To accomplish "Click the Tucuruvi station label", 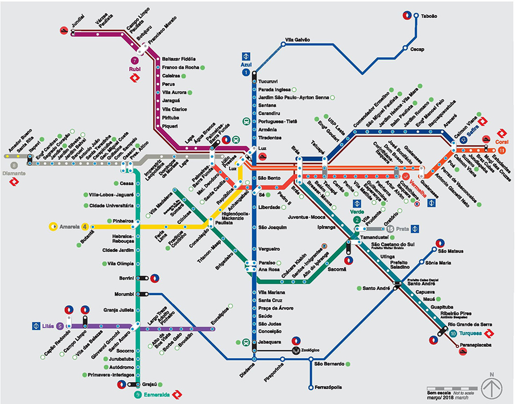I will tap(269, 81).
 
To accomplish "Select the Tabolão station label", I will tap(429, 16).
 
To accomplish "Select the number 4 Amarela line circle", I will tap(85, 227).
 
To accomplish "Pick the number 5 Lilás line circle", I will tap(60, 327).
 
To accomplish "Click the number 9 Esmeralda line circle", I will tap(138, 395).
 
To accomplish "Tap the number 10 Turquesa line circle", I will tap(453, 334).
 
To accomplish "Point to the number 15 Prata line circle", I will tap(390, 228).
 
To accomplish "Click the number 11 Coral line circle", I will tap(502, 150).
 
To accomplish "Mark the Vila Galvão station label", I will tap(297, 40).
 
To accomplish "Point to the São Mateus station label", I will tap(450, 250).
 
